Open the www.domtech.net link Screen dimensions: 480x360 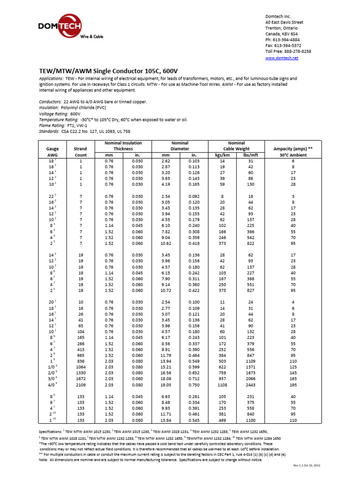(281, 58)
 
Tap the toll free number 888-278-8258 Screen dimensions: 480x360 (296, 51)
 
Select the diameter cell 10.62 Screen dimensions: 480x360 (165, 243)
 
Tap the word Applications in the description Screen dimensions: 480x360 (51, 79)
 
